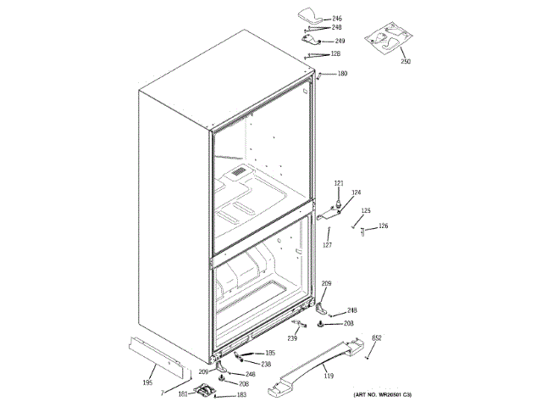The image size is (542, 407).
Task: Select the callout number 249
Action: tap(340, 41)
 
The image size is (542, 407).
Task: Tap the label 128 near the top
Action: tap(335, 54)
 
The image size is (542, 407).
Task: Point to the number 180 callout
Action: tap(342, 74)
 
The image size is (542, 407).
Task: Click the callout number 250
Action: tap(405, 62)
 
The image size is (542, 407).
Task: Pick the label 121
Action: tap(339, 183)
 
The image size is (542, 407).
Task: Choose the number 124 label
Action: tap(357, 192)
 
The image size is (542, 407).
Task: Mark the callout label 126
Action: tap(383, 226)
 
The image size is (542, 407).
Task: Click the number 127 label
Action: tap(326, 245)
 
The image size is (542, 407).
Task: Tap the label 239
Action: tap(292, 338)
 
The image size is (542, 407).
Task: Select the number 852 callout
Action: tap(377, 338)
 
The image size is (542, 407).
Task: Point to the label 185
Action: tap(270, 353)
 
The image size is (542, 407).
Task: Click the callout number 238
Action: tap(266, 364)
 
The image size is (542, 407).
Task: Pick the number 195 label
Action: tap(147, 382)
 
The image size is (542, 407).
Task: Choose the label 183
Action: tap(241, 395)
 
